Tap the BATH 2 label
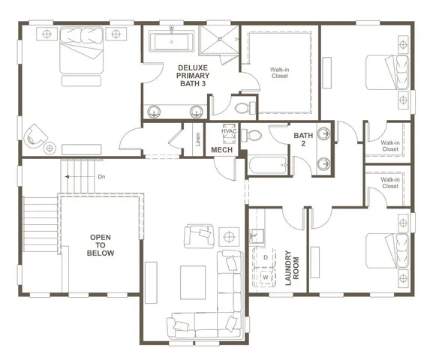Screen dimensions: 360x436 (x=303, y=140)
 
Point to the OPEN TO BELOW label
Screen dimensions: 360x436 (x=101, y=245)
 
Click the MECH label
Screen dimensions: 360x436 (x=221, y=151)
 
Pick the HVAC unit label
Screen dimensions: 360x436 (x=228, y=132)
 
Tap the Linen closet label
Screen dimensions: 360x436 (x=197, y=139)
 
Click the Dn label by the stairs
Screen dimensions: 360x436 (x=101, y=177)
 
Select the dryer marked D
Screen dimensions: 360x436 (x=265, y=257)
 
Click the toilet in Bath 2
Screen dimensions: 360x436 (x=253, y=136)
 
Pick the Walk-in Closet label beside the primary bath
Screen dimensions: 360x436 (x=280, y=73)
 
